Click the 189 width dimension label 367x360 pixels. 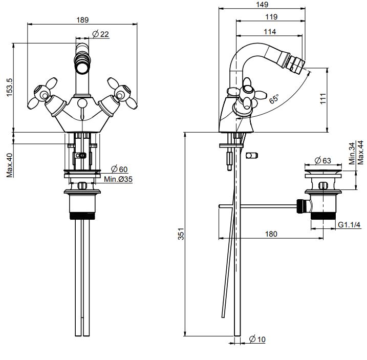point(82,19)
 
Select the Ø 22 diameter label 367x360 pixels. point(101,34)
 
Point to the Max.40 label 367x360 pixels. point(10,165)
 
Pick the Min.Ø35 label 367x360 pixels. point(118,179)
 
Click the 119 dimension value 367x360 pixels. point(272,17)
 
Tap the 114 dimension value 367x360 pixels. point(270,32)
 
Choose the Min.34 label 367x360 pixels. point(352,153)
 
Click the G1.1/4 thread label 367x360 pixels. point(350,224)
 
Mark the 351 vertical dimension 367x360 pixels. point(180,234)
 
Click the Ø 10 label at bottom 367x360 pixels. point(256,340)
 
